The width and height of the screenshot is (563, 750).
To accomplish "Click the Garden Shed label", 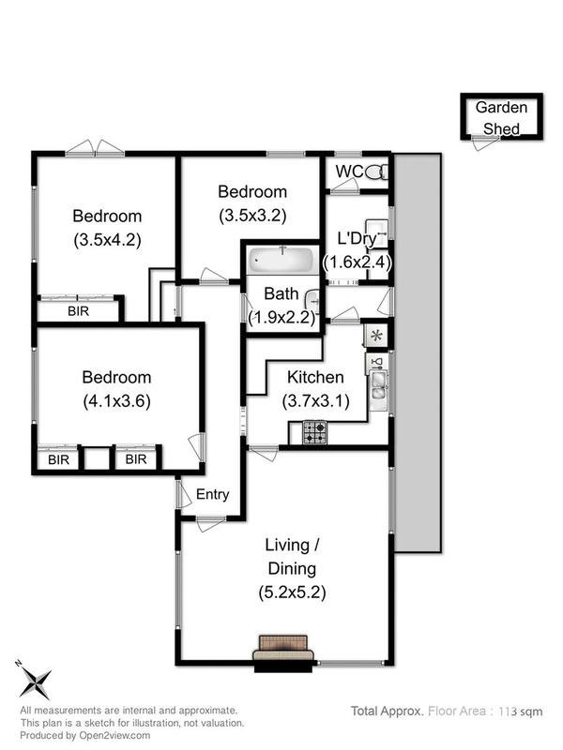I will [501, 117].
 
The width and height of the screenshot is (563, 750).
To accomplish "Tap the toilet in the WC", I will [375, 172].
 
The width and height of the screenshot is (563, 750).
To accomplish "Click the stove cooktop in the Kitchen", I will [314, 432].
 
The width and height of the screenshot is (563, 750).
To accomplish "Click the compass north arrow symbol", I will [37, 681].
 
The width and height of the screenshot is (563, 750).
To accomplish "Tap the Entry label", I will [213, 495].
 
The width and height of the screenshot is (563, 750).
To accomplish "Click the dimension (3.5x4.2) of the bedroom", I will [106, 239].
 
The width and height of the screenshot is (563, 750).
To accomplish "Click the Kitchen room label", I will [314, 378].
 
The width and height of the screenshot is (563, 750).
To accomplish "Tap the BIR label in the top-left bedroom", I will [78, 311].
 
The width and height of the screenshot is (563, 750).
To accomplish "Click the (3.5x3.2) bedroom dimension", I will [251, 214].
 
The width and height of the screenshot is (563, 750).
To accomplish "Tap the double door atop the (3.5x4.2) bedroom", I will [95, 148].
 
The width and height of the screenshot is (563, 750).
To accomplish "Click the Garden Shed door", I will [484, 141].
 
